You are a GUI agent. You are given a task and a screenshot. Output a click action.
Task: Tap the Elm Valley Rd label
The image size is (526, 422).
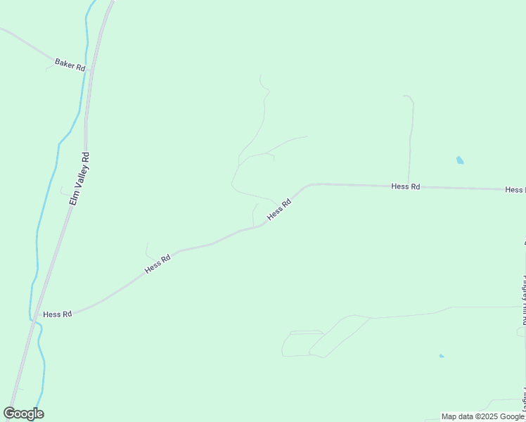coord(79,179)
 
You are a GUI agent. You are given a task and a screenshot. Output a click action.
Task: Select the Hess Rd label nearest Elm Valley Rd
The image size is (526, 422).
coord(58,314)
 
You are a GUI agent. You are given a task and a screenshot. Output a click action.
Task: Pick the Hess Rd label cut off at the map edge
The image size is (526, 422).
coord(515,190)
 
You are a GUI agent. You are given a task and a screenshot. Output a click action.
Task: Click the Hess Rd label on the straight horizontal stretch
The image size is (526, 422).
coord(406,186)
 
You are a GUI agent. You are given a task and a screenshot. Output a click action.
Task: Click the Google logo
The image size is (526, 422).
coord(24,414)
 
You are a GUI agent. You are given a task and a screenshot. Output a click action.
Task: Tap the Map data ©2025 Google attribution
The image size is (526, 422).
coord(482,416)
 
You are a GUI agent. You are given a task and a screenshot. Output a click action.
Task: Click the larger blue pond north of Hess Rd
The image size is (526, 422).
coord(460,160)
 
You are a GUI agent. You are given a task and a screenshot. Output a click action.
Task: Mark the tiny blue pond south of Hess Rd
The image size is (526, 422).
coord(442,356)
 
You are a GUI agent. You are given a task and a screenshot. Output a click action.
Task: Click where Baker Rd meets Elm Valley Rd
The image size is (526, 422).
coord(91,70)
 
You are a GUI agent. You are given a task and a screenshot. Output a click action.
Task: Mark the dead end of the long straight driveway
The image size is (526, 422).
coord(404,96)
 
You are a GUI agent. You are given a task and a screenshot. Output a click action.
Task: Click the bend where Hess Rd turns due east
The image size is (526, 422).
coord(310,184)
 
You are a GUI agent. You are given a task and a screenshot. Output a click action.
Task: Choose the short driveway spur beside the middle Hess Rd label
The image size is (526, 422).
coord(254,215)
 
